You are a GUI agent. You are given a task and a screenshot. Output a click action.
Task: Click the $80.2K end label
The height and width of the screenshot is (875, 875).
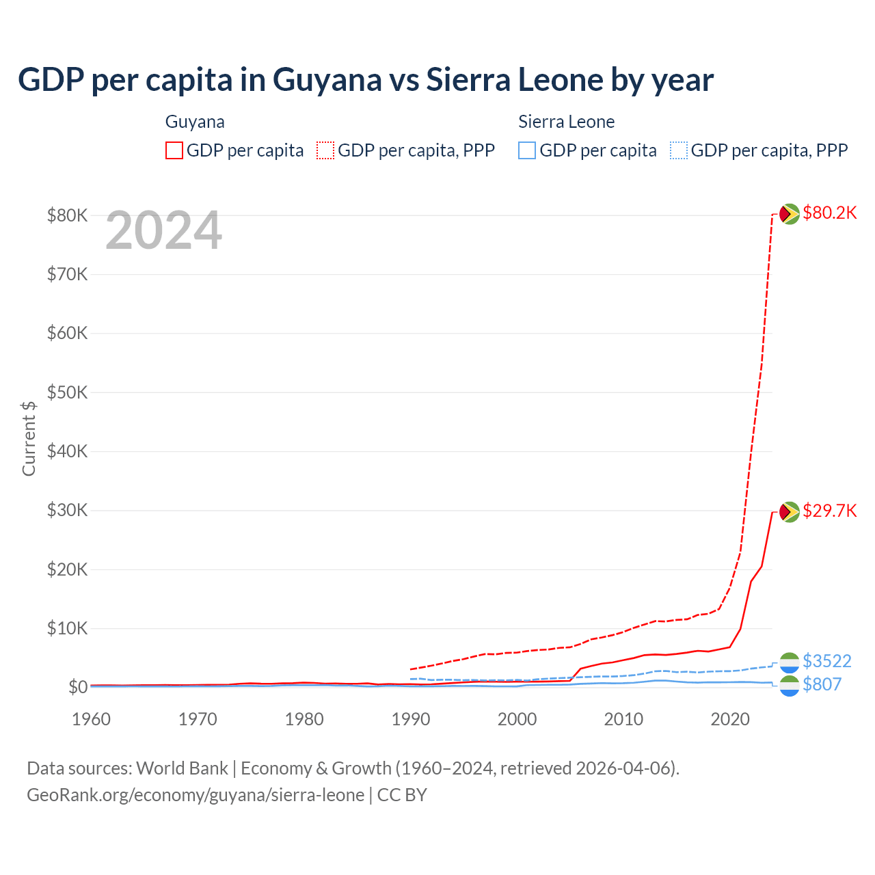[829, 213]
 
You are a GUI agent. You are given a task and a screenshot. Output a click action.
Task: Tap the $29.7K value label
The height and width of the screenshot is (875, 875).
[829, 511]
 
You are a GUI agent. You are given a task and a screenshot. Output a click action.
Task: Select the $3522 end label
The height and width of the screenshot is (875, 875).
[826, 661]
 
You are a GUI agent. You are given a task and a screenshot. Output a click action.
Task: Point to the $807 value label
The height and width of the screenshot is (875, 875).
[822, 684]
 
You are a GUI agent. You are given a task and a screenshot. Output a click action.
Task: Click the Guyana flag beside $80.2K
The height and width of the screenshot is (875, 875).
[790, 214]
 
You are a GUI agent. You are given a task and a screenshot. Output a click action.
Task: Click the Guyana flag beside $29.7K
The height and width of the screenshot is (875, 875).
[790, 511]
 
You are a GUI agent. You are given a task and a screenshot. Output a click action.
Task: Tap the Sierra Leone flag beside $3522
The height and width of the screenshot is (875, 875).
[790, 662]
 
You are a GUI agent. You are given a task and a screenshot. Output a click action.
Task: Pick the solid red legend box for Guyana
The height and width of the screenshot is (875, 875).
[174, 150]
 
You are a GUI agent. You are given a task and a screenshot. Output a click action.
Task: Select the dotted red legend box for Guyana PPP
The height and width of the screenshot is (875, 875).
[325, 150]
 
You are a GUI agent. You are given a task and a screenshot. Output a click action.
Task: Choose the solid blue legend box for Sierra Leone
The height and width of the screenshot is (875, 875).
[527, 150]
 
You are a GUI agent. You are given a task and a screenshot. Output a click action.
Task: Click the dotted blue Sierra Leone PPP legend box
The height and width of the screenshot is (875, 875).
[679, 150]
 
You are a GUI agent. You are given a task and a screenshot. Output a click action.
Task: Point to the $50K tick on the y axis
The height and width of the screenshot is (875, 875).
[67, 392]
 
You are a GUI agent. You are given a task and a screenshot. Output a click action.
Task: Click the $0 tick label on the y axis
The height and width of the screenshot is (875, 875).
[78, 687]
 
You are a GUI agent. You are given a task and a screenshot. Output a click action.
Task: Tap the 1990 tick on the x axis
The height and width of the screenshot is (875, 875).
[411, 719]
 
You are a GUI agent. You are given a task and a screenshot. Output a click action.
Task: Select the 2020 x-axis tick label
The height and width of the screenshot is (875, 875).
[730, 719]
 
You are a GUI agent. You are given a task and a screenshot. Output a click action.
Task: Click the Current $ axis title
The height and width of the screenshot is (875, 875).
[29, 438]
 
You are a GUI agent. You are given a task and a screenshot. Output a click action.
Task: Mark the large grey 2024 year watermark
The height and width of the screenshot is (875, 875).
[163, 231]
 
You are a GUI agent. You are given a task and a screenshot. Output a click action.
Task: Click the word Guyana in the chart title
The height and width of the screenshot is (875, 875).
[327, 80]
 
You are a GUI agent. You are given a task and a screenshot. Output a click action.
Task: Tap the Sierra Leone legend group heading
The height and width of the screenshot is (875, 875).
[566, 122]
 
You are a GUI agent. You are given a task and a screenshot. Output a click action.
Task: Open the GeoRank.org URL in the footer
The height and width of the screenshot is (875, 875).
[196, 795]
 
